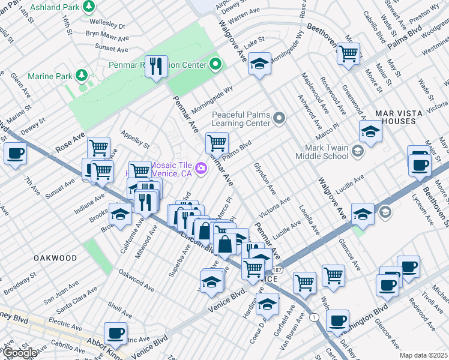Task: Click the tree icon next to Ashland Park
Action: [89, 6]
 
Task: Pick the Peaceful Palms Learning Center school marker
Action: [279, 118]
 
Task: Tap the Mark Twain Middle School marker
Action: [357, 151]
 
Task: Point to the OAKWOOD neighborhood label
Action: [55, 258]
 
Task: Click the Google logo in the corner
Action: [19, 353]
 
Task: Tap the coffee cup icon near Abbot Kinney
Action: [115, 333]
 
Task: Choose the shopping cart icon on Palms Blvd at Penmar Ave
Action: [217, 143]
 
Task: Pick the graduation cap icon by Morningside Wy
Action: [259, 64]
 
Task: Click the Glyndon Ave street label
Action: [265, 178]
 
